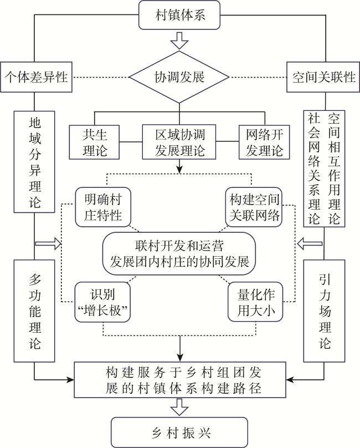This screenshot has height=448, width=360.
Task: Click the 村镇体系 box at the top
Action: point(179,15)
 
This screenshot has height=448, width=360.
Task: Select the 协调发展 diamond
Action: point(179,77)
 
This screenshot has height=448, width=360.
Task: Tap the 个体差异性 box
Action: point(36,77)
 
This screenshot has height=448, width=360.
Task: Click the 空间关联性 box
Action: point(323,77)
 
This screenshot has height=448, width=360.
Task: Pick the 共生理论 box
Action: point(94,142)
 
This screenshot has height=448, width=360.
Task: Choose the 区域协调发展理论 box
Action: point(179,142)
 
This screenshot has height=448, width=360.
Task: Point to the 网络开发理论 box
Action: point(264,142)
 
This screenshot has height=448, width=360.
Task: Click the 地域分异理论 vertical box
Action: point(34,162)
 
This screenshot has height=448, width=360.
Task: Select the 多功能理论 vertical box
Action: point(34,311)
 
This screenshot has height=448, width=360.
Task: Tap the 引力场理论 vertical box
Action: point(324,311)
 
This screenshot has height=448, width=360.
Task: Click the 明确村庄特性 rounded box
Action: point(103,207)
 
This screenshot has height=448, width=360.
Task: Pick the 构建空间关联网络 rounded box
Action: point(254,207)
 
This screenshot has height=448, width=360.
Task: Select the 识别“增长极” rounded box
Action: point(102,302)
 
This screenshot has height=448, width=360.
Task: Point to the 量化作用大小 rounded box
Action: point(255,302)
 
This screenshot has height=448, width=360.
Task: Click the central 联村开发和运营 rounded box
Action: point(179,254)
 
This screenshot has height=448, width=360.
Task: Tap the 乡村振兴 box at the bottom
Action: point(179,432)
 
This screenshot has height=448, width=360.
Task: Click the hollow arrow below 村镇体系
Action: point(179,40)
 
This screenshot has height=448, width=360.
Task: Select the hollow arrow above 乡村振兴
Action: point(179,407)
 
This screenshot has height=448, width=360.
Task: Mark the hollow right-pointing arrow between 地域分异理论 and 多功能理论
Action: point(48,244)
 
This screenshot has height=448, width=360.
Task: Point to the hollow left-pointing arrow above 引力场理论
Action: point(310,244)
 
